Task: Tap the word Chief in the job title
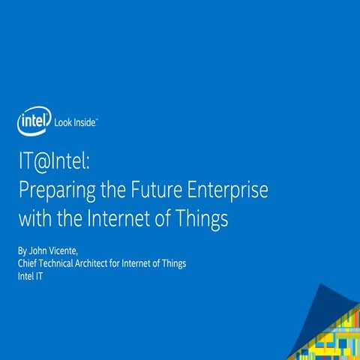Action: coord(27,263)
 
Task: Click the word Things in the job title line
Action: coord(172,263)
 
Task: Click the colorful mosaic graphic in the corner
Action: coord(330,330)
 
